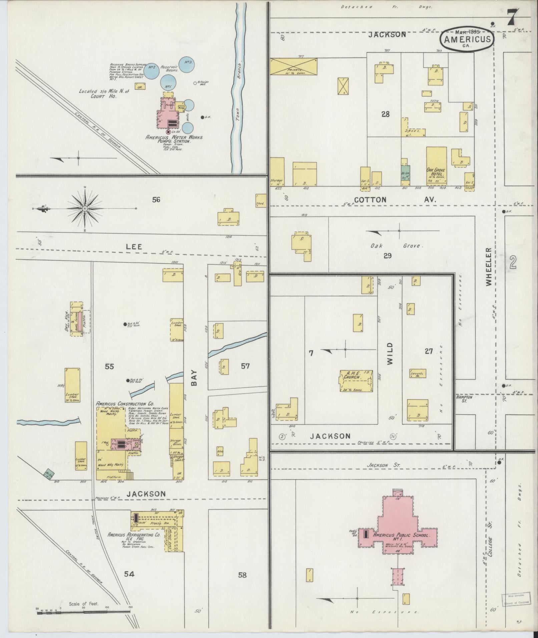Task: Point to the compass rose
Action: click(x=85, y=208)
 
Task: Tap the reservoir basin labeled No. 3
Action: click(x=187, y=63)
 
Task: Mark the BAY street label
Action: click(x=194, y=378)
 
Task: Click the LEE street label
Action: click(x=134, y=247)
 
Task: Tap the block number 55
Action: click(x=109, y=367)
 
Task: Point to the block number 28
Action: click(x=385, y=114)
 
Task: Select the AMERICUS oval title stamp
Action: click(x=467, y=39)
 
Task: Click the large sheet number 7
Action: click(x=513, y=17)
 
